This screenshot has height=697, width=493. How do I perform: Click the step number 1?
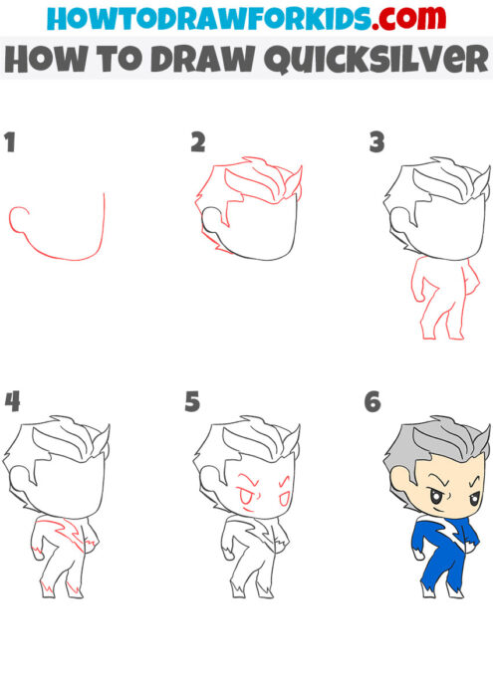point(11,141)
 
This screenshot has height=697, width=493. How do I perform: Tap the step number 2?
point(198,141)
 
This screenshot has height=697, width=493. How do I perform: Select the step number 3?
point(376,142)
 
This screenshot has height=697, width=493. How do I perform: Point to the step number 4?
point(12,402)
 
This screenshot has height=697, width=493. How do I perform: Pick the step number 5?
point(193,402)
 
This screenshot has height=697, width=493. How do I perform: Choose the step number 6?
point(373,402)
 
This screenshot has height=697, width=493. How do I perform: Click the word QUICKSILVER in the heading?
point(365,60)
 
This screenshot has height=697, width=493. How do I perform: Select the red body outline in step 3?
point(428,299)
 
